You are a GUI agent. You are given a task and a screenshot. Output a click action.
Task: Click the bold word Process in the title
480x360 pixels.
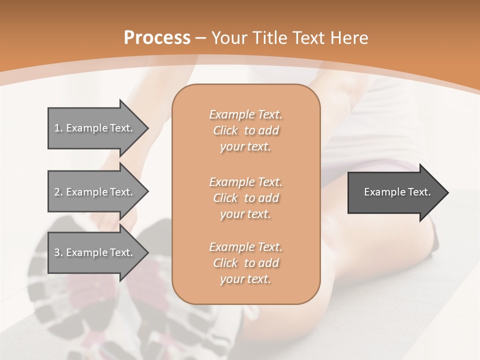pos(157,38)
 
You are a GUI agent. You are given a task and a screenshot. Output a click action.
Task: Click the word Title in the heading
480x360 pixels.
pos(270,38)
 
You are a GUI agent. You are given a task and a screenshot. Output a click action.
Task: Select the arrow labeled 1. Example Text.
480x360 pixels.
pos(95,128)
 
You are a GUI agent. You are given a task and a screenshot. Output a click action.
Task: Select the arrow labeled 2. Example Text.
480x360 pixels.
pos(95,192)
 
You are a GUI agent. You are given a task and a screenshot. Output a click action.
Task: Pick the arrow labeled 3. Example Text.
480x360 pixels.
pos(95,252)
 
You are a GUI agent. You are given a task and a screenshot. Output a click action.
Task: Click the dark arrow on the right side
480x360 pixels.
pos(395,192)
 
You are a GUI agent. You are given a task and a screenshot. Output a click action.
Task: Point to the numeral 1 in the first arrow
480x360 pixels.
pos(57,128)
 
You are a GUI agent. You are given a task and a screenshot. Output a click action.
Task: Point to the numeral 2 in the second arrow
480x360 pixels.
pos(57,192)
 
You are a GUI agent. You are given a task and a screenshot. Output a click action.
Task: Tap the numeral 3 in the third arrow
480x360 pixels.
pos(57,252)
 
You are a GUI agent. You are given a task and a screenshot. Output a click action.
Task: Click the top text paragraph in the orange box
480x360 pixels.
pos(245,130)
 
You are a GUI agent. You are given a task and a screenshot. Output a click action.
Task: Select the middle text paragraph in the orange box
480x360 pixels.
pos(245,198)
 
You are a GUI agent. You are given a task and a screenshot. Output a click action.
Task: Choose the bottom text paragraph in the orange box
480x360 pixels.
pos(245,263)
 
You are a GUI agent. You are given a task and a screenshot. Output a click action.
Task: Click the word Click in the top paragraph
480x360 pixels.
pos(225,131)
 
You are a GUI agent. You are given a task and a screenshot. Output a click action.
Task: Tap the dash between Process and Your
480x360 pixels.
pos(201,38)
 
